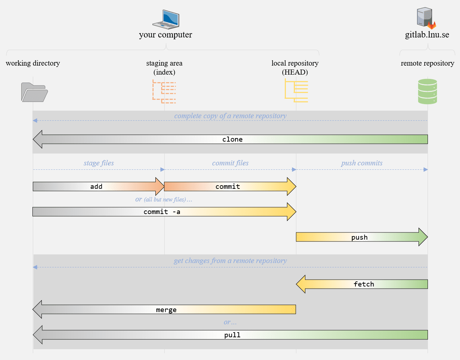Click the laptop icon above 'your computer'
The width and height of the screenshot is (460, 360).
pos(166,19)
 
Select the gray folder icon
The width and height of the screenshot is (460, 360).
pos(35,92)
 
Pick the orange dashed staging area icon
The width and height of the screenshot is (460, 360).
pos(164,92)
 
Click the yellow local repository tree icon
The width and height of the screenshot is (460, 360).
pos(296,90)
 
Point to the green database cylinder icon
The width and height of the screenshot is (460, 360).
pos(428,92)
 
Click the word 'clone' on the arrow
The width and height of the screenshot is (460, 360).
pos(232,139)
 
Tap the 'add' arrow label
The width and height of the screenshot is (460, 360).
pos(96,187)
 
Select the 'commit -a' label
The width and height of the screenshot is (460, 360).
pos(162,212)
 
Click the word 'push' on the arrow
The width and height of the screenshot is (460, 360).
pos(359,237)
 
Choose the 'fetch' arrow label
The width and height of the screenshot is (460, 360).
pos(364,284)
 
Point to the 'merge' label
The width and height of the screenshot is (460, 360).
pos(166,310)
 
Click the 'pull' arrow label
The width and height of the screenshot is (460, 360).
pos(232,335)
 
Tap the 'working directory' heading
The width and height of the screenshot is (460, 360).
pos(33,63)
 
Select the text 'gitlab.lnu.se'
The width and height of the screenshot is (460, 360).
pos(427,35)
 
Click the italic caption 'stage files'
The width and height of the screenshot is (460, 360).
pos(99,163)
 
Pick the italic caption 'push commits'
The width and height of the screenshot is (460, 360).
pos(362,163)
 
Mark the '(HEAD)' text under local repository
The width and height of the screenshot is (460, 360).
pos(295,72)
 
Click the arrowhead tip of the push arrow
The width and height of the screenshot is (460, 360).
pos(428,237)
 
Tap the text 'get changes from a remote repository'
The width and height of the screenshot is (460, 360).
pos(230,261)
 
